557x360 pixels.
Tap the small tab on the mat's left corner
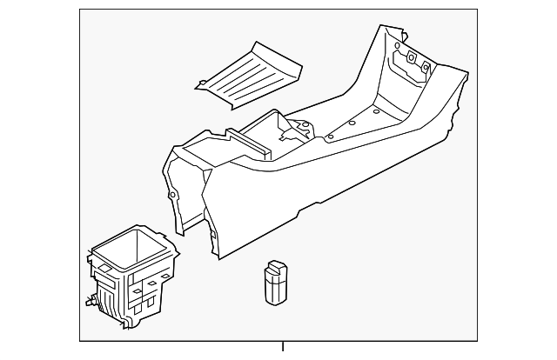[x=200, y=84]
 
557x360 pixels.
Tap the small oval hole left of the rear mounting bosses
[x=396, y=45]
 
